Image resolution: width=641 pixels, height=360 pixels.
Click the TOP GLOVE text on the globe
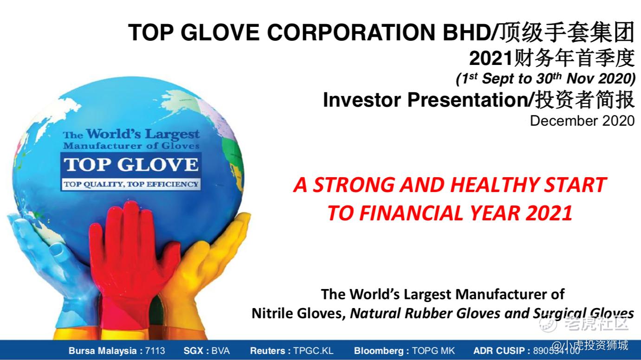tap(131, 165)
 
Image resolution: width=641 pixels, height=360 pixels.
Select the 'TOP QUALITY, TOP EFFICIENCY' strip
tap(131, 184)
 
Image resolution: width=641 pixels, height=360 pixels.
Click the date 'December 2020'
tap(583, 121)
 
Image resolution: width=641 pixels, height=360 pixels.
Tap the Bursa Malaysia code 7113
tap(155, 351)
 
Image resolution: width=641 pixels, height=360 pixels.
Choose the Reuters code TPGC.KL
tap(313, 351)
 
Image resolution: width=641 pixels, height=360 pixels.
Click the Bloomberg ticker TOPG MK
tap(433, 351)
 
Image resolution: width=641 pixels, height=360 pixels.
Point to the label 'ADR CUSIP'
tap(499, 351)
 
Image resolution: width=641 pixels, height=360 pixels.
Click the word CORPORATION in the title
tap(351, 32)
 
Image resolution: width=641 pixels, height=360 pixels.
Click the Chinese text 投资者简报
tap(585, 100)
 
